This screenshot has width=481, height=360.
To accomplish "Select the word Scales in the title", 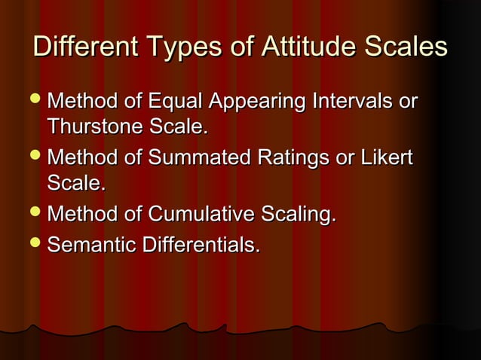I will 406,48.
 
